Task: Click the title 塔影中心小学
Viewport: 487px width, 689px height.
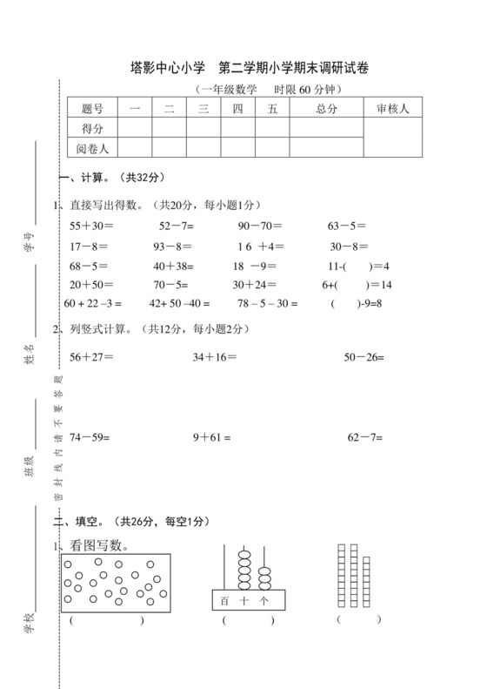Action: pyautogui.click(x=167, y=66)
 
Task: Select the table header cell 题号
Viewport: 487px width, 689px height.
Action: pyautogui.click(x=92, y=108)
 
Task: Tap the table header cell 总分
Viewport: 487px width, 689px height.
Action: pyautogui.click(x=326, y=108)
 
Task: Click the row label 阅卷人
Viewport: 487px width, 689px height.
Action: pyautogui.click(x=92, y=148)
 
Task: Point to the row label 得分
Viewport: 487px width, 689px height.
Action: pyautogui.click(x=92, y=128)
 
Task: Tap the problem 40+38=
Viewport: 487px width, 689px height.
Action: pyautogui.click(x=173, y=266)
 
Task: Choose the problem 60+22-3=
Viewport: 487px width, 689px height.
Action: pyautogui.click(x=93, y=304)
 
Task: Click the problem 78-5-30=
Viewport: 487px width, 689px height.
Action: pyautogui.click(x=267, y=304)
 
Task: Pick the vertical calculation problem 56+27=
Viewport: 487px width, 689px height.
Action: pyautogui.click(x=91, y=356)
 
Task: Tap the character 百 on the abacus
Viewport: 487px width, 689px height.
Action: pyautogui.click(x=224, y=600)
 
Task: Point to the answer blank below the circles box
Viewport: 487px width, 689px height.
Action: pyautogui.click(x=106, y=621)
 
